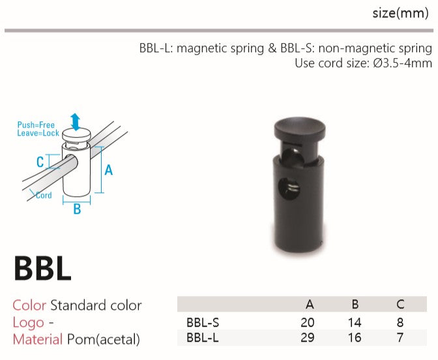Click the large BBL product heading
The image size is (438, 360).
[42, 268]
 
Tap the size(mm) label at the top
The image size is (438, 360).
[400, 13]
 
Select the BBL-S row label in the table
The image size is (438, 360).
[203, 323]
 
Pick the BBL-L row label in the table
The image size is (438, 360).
[202, 338]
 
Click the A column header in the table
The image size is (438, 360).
[310, 304]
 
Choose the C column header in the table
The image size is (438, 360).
[400, 304]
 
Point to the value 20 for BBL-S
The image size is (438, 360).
[308, 323]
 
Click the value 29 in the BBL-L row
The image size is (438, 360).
[308, 338]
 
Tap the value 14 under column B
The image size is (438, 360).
[355, 323]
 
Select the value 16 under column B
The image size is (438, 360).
[355, 338]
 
